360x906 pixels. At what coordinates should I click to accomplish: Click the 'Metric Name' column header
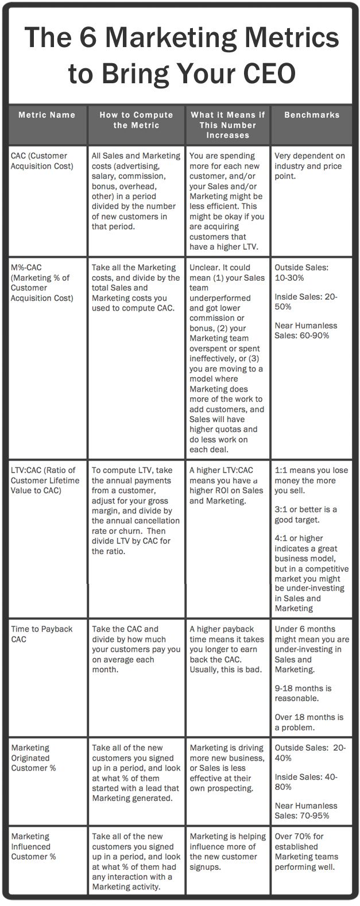(47, 115)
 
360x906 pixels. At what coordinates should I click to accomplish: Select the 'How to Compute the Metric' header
(136, 120)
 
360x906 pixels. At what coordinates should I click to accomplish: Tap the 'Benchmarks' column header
(312, 115)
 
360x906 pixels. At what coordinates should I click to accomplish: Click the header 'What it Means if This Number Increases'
(228, 125)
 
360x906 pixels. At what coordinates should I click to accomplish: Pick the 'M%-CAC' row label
(42, 282)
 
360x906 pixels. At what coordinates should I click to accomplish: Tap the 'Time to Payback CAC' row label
(42, 634)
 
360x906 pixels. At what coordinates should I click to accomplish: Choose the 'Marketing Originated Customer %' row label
(33, 758)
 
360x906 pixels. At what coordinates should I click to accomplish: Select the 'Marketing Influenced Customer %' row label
(33, 846)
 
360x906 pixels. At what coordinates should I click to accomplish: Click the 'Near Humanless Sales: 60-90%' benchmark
(306, 330)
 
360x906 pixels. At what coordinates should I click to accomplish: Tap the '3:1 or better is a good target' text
(306, 515)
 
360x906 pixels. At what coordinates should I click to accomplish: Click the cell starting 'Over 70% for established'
(307, 851)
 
